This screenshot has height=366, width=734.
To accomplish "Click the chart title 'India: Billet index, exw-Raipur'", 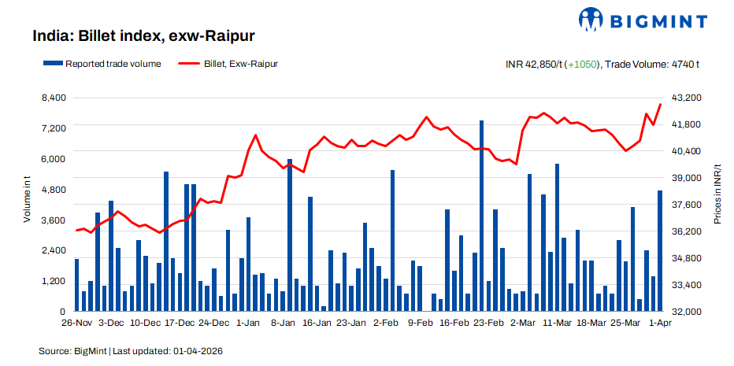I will pos(143,36).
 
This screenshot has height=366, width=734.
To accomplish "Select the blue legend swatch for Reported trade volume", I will pos(53,64).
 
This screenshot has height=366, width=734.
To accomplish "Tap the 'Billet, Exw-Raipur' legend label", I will pos(239,64).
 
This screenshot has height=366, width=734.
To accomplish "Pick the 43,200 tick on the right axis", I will pos(685,98).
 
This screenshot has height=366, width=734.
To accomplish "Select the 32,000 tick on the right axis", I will pos(685,312).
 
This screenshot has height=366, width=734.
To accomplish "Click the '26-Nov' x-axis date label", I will pos(76,323).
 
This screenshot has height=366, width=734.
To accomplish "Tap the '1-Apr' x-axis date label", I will pos(658,323).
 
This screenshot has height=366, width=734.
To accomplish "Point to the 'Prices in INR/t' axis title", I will pos(717,201).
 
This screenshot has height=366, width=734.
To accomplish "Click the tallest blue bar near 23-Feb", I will pos(481,216).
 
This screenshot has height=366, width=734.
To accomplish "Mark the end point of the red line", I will pos(660,105).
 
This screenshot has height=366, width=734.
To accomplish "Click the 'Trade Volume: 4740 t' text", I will pos(653,65).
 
